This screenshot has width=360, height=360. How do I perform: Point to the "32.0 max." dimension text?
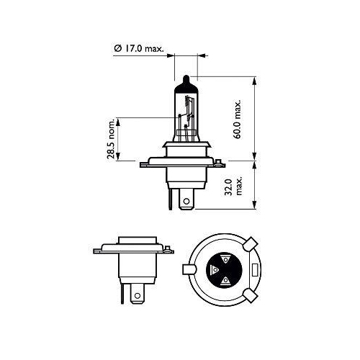[x=229, y=186]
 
